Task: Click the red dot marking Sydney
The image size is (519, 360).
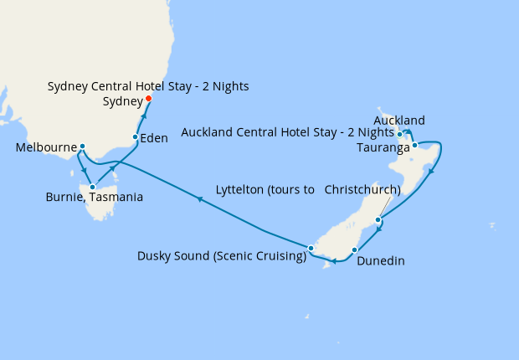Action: pos(149,99)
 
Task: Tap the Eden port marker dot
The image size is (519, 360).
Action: pos(136,137)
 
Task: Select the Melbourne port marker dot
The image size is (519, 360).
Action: pos(82,147)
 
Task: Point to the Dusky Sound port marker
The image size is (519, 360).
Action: pos(311,248)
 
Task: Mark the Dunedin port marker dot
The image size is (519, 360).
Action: pos(355,249)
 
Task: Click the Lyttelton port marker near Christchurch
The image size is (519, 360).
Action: pos(378,220)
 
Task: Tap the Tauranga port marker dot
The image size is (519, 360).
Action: pos(414,146)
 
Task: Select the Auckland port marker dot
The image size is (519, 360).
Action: pos(400,134)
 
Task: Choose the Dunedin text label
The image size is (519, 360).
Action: pos(380,261)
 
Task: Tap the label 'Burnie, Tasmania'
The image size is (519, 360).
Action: pos(94,198)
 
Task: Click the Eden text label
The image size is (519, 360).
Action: pos(154,139)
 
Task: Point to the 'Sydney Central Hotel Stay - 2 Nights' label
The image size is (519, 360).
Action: pos(148,86)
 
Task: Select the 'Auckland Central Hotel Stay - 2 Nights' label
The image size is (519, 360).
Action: pos(287,132)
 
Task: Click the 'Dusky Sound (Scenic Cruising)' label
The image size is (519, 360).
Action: pos(222,256)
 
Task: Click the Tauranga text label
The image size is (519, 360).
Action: pos(383,148)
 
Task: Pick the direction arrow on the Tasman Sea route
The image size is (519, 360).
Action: pos(199,199)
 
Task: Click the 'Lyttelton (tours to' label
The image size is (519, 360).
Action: pos(264,189)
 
